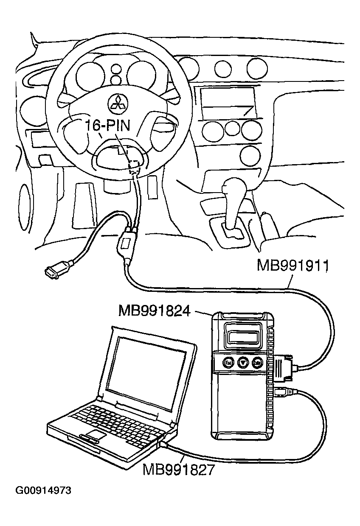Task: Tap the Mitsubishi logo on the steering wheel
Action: pyautogui.click(x=118, y=104)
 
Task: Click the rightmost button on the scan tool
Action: pyautogui.click(x=257, y=363)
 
